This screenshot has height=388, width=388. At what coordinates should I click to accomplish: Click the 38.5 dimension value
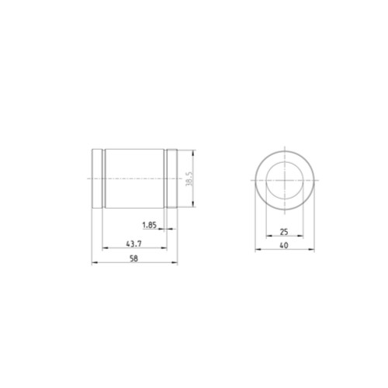(189, 178)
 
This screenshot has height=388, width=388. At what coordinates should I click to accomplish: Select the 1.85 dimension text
(150, 225)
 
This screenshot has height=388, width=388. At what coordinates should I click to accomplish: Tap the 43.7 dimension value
(133, 244)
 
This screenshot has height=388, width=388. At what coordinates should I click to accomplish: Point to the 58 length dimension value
(133, 258)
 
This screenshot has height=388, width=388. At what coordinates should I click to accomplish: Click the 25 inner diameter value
(284, 232)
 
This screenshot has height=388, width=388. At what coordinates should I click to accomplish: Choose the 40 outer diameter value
(284, 245)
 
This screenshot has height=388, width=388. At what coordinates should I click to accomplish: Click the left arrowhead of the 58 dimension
(95, 262)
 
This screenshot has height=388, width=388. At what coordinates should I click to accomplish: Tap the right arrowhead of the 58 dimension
(175, 262)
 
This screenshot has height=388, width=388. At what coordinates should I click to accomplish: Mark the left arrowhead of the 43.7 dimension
(106, 248)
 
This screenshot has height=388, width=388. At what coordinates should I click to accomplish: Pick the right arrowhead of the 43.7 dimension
(164, 248)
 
